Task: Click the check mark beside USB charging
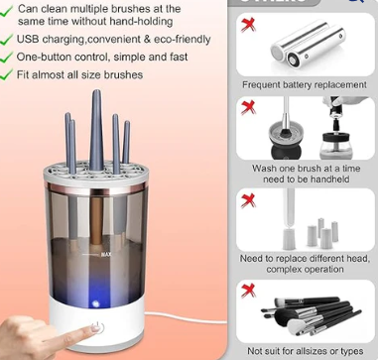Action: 8,39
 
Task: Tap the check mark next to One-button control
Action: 8,57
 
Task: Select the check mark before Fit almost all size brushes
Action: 8,74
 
